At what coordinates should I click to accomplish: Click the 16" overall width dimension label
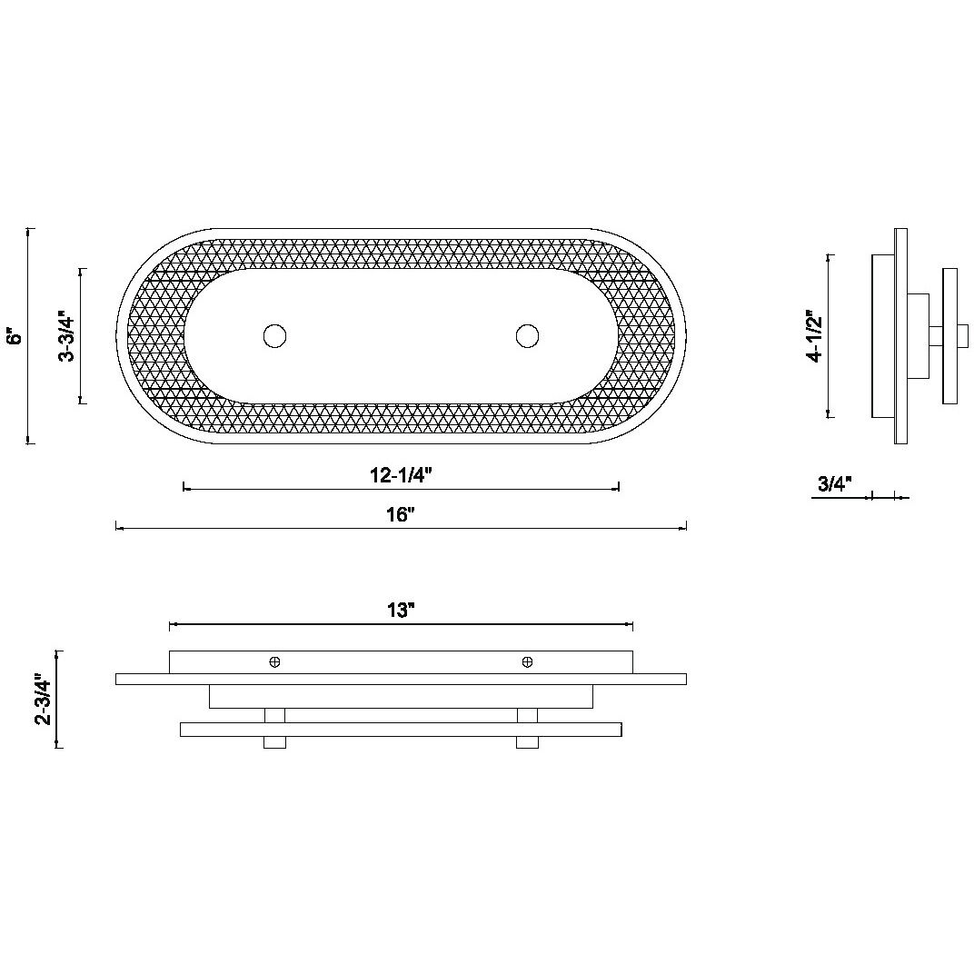tap(400, 515)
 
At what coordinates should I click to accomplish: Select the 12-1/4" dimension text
tap(401, 476)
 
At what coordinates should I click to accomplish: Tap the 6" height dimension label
tap(15, 336)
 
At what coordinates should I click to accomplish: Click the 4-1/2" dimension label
tap(814, 335)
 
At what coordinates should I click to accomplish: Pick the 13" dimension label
tap(401, 611)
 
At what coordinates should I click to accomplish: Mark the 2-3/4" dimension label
tap(44, 699)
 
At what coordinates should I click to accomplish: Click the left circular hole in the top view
tap(274, 336)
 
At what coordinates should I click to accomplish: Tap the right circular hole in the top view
tap(527, 336)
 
